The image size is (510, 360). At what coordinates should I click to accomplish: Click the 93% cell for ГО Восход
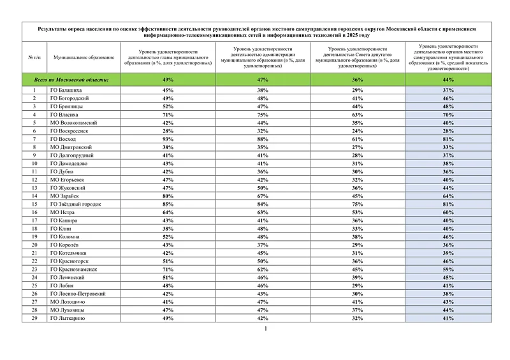coord(168,139)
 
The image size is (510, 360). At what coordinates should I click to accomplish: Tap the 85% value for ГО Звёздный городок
coord(168,204)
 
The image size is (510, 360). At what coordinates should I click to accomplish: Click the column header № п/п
coord(34,57)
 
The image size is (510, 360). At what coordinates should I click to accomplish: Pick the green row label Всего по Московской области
coord(71,80)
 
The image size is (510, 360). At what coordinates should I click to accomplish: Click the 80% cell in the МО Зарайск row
coord(168,196)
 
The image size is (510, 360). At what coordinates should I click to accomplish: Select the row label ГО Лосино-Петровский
coord(78,293)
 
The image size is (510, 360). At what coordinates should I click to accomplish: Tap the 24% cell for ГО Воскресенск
coord(357,131)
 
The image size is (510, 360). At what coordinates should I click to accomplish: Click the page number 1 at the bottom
coord(265,329)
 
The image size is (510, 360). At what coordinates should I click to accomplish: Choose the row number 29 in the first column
coord(34,317)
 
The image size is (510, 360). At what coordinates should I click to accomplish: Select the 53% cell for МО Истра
coord(357,212)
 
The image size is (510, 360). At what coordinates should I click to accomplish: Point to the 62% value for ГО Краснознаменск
coord(263,269)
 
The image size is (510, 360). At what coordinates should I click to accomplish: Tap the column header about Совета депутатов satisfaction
coord(357,57)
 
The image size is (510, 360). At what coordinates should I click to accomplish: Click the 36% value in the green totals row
coord(357,80)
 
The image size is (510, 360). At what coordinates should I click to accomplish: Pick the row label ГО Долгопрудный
coord(71,155)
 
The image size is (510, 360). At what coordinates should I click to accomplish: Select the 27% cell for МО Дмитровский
coord(357,147)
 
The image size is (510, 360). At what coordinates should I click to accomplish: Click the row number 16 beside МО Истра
coord(34,212)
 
